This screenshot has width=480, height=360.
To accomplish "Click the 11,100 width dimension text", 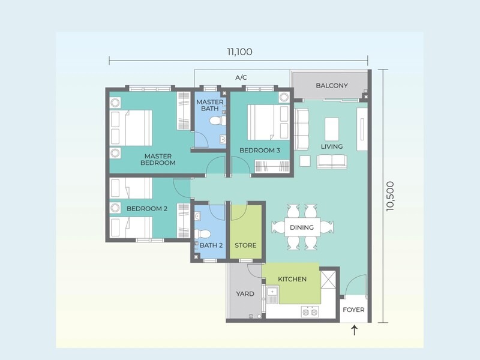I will coord(239,52).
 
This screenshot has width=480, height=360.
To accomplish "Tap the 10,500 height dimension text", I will coord(391,196).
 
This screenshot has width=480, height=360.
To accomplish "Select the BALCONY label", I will coord(332,86).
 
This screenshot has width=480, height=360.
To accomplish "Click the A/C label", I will coord(241,77).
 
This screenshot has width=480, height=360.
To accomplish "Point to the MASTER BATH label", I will coord(210,106).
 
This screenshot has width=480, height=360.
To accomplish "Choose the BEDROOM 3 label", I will coord(260,150).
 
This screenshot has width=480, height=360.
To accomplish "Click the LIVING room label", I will coord(332,146).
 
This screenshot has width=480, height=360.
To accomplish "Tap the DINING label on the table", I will coord(302,227).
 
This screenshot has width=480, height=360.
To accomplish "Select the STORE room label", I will coord(245,245).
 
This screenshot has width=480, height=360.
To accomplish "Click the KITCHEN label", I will coord(292,279).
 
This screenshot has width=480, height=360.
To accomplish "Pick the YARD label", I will coord(245,294).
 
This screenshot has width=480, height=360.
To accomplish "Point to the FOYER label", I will coord(354,310).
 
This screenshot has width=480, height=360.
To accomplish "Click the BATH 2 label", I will coord(211,245).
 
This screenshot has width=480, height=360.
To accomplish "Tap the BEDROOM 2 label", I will coord(146,209).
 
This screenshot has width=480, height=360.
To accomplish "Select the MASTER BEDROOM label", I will coord(158,159).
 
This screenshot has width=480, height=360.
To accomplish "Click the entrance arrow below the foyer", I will coord(354,330).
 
